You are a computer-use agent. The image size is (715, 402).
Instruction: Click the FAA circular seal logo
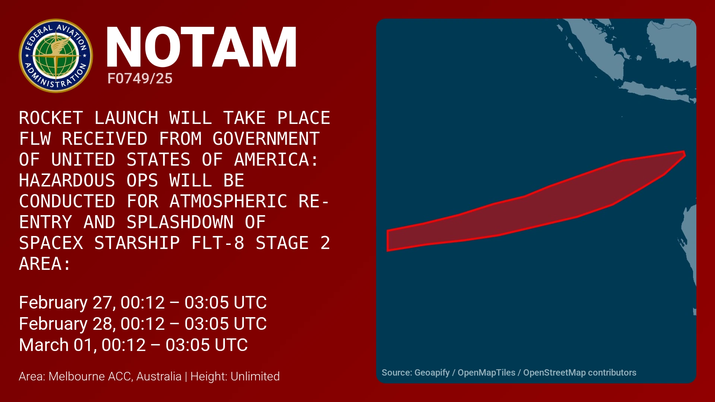coord(56,56)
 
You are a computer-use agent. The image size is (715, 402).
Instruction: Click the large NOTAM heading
coord(201,47)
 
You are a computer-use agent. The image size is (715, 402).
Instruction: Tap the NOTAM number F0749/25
coord(140,79)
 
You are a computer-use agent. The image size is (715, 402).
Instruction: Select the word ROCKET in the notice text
coord(51,118)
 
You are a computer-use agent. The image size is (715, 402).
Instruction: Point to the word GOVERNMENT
coord(266,139)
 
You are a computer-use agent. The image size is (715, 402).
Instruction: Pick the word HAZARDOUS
coord(67,181)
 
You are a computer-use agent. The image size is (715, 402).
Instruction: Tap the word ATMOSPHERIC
coord(228,201)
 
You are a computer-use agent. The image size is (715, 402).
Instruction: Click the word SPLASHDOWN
coord(180,222)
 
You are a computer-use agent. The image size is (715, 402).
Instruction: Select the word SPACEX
coord(51,243)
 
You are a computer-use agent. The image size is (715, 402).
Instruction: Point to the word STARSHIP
coord(137,243)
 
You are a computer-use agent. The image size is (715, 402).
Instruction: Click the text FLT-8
coord(218,243)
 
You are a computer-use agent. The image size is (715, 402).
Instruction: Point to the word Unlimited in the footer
coord(255,376)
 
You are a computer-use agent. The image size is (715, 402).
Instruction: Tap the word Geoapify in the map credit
coord(432,373)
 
